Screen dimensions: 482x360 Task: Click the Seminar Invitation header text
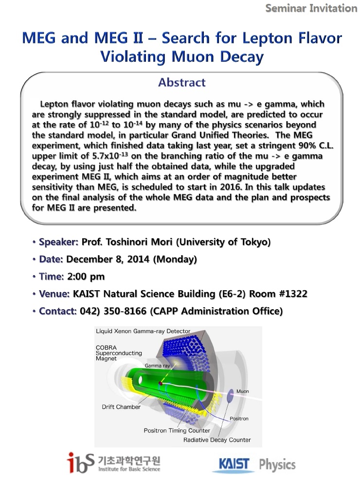point(311,8)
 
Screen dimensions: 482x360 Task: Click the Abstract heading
point(181,82)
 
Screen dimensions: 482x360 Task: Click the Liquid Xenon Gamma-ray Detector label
point(143,332)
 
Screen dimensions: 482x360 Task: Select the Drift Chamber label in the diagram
point(121,407)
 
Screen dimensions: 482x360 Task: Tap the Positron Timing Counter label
point(177,430)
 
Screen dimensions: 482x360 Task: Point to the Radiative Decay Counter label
point(217,440)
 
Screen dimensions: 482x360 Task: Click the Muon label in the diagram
point(242,391)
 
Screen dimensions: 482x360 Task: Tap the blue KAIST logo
point(233,464)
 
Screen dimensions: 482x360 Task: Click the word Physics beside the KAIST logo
point(277,464)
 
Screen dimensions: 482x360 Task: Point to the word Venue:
point(55,294)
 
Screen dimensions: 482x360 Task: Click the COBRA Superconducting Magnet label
point(112,353)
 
